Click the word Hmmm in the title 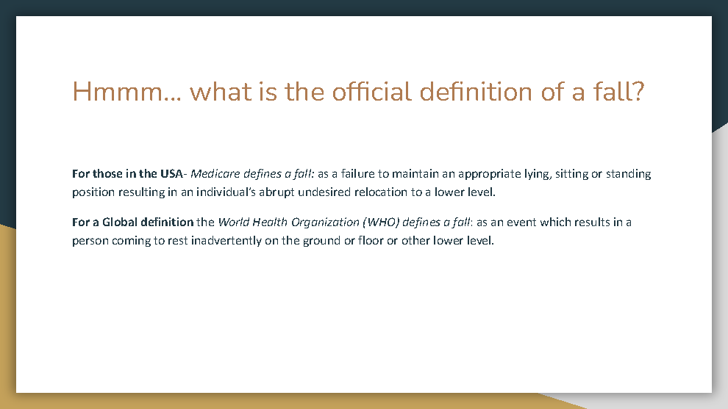(118, 91)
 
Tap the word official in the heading (371, 91)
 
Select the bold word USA (171, 174)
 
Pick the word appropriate (489, 174)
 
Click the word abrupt (276, 192)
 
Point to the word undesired (324, 192)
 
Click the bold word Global (120, 222)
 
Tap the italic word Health (270, 222)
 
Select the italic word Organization (325, 222)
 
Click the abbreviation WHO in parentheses (381, 222)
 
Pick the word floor (370, 241)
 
